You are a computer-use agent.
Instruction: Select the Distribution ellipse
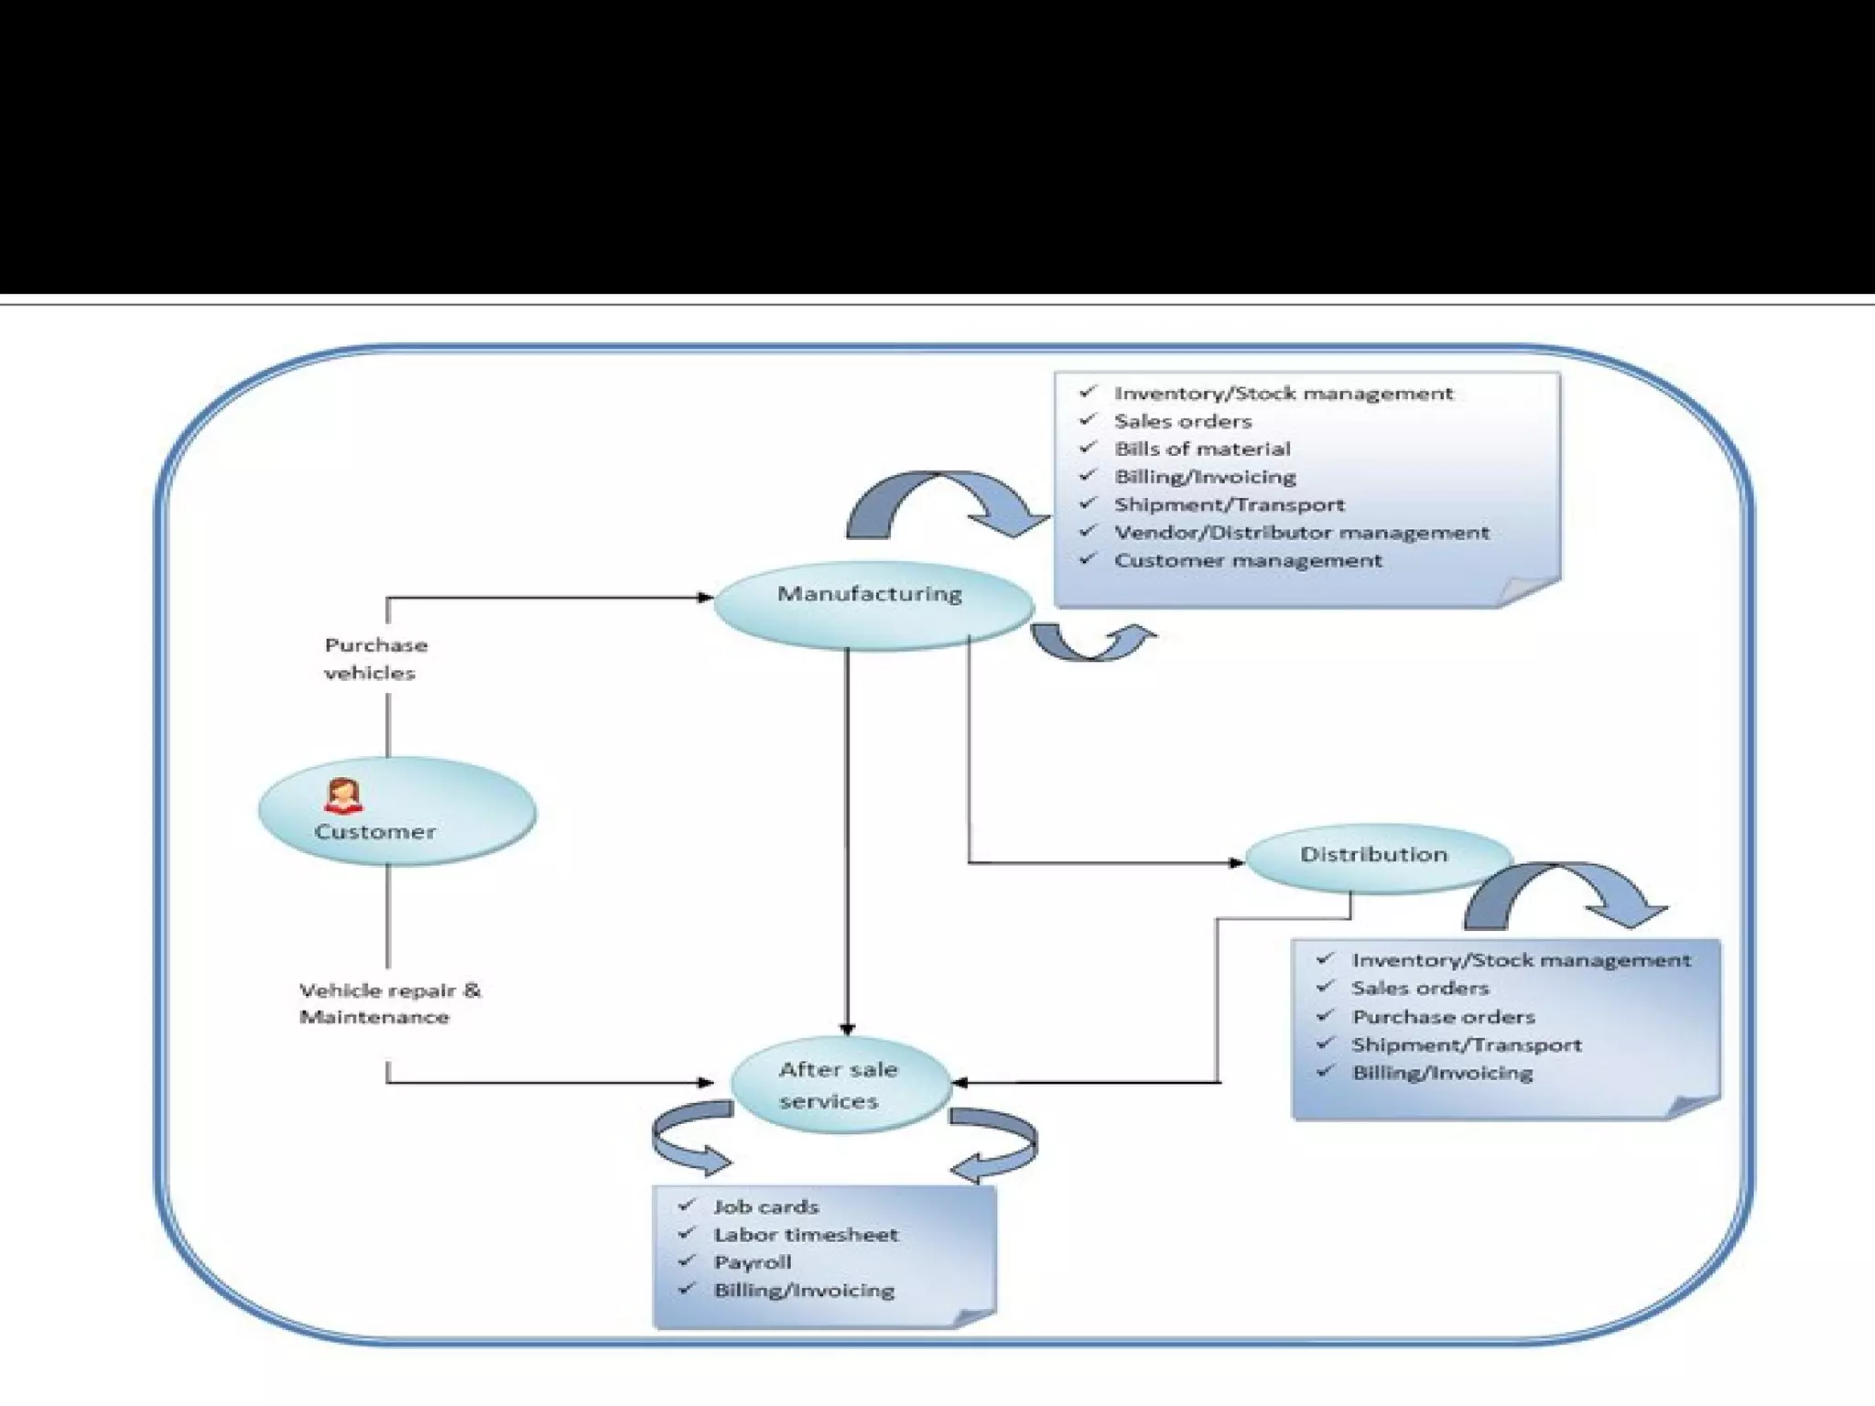pyautogui.click(x=1378, y=858)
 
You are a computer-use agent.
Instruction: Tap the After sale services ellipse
pyautogui.click(x=841, y=1085)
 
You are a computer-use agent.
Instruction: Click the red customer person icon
pyautogui.click(x=343, y=795)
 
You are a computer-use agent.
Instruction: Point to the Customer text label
pyautogui.click(x=374, y=832)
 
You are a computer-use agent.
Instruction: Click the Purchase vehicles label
pyautogui.click(x=375, y=659)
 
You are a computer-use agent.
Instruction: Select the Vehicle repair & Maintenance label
pyautogui.click(x=390, y=1003)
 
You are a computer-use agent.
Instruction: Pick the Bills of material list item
pyautogui.click(x=1202, y=449)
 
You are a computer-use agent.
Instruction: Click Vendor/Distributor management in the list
pyautogui.click(x=1301, y=533)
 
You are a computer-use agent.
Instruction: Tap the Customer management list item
pyautogui.click(x=1248, y=560)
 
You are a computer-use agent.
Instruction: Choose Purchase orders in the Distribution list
pyautogui.click(x=1443, y=1017)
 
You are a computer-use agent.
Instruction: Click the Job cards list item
pyautogui.click(x=766, y=1207)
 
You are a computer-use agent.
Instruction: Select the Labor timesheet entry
pyautogui.click(x=806, y=1235)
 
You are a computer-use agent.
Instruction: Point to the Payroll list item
pyautogui.click(x=753, y=1263)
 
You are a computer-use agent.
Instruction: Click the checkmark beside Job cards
pyautogui.click(x=687, y=1205)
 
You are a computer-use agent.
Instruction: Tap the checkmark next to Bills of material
pyautogui.click(x=1088, y=447)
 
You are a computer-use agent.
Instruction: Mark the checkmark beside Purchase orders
pyautogui.click(x=1325, y=1015)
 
